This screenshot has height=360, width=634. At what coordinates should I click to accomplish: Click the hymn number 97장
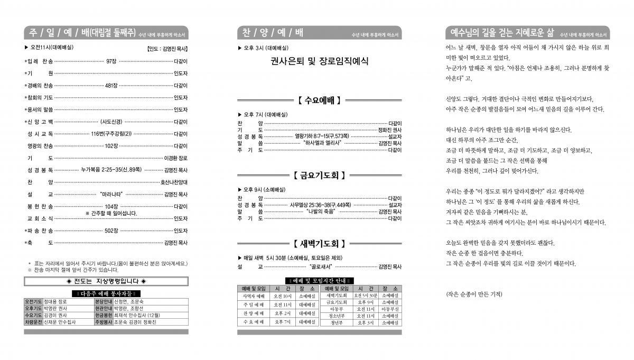pos(111,61)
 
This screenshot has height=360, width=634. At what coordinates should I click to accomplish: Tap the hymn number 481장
pos(111,85)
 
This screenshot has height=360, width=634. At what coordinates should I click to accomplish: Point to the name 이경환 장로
pos(175,158)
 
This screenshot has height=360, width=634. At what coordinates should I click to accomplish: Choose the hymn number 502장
pos(110,230)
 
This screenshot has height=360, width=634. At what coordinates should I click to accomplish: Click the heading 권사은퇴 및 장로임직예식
pos(319,61)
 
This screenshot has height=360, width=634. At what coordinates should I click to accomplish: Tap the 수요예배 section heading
pos(319,99)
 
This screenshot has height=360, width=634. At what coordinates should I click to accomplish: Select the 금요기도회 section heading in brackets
pos(319,174)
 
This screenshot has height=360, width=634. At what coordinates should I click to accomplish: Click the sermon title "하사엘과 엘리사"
pos(323,143)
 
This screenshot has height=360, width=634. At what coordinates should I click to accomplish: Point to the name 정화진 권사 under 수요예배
pos(389,130)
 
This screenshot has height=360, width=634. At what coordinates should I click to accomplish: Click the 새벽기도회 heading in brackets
pos(319,244)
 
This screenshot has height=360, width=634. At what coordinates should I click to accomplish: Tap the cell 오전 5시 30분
pos(366,296)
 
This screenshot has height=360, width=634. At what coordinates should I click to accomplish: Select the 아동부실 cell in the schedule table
pos(390,309)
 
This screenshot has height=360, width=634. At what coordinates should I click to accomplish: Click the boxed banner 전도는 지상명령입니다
pos(106,280)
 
